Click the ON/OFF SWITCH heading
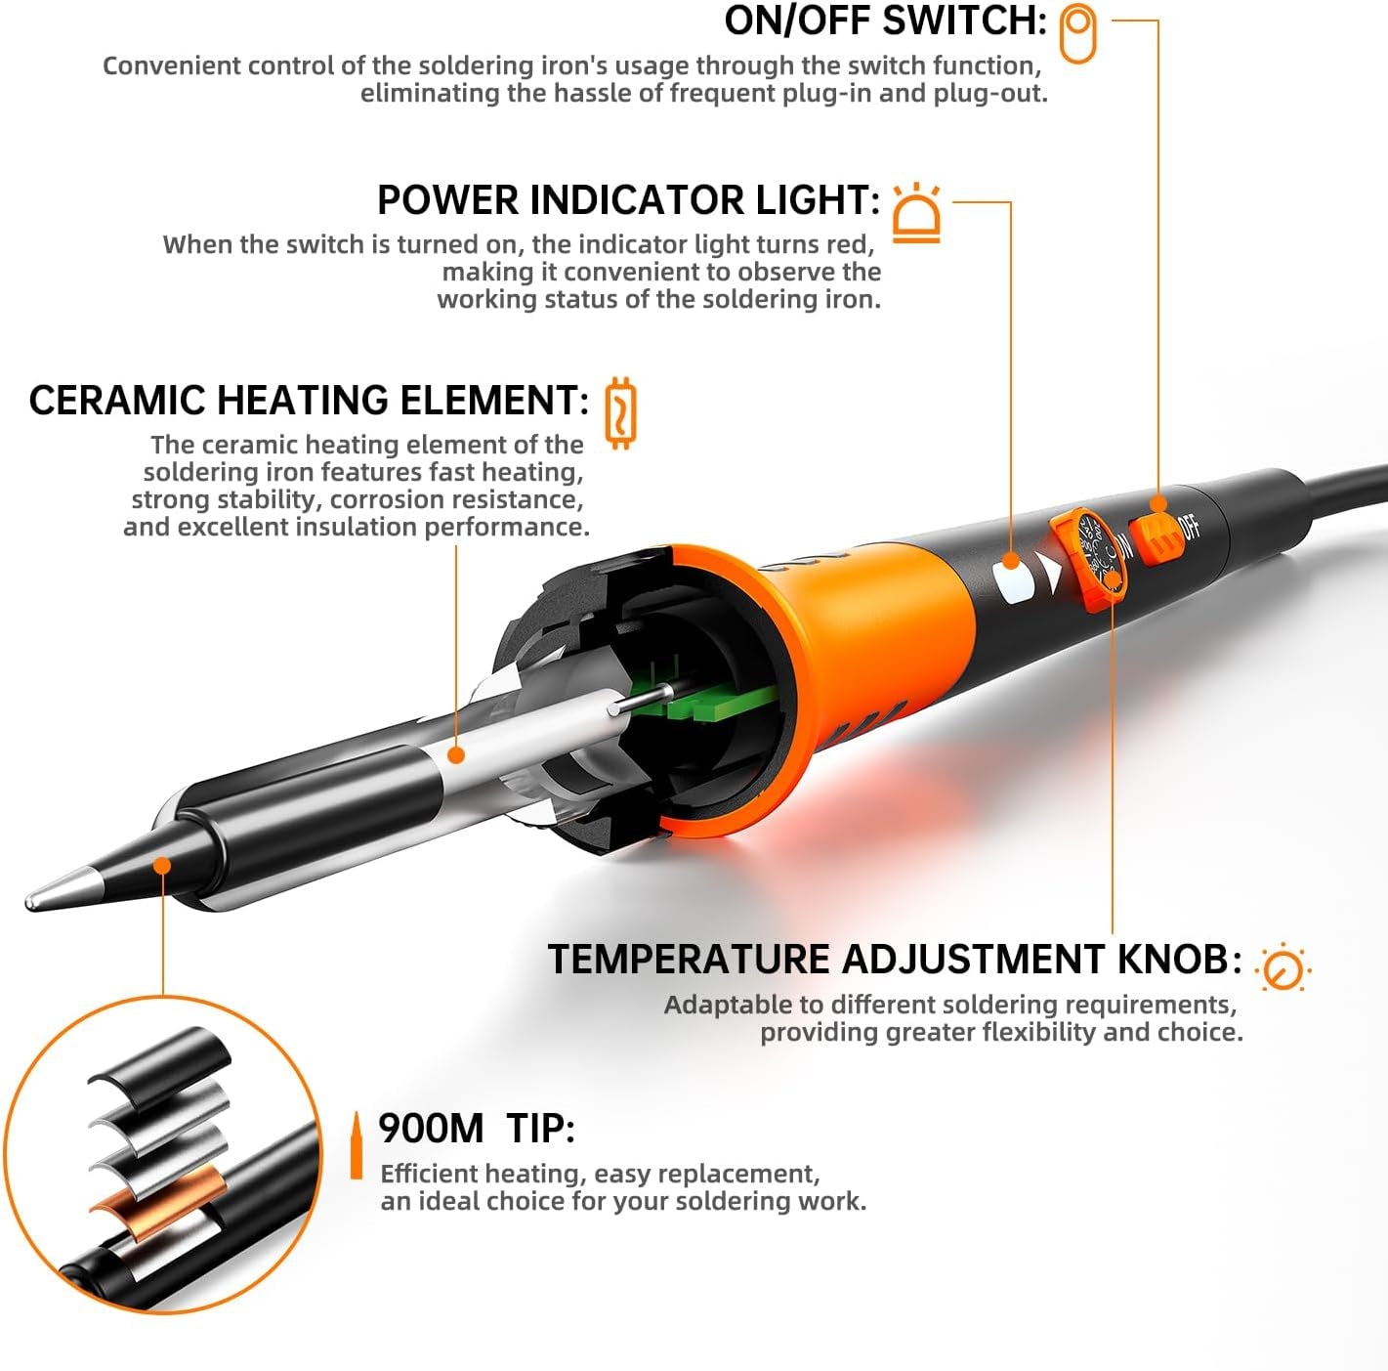click(885, 21)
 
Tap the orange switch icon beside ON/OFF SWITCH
click(1078, 33)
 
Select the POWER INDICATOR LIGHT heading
click(628, 200)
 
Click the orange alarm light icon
click(916, 213)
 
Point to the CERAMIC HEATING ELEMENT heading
click(309, 401)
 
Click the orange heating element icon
click(620, 412)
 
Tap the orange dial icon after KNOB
click(1283, 968)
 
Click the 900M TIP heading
click(477, 1129)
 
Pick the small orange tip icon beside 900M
click(357, 1145)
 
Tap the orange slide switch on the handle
click(1157, 534)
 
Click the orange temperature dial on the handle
click(1091, 558)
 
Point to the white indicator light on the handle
click(1014, 583)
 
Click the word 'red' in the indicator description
click(850, 244)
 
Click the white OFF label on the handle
click(1190, 527)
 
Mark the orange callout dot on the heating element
click(456, 754)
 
